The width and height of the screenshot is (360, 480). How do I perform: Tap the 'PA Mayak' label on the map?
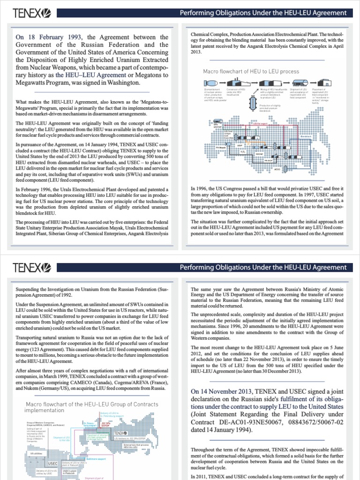tap(220, 147)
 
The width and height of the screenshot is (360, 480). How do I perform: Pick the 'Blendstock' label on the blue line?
tap(306, 136)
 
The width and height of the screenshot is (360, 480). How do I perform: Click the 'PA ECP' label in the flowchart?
tap(268, 160)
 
